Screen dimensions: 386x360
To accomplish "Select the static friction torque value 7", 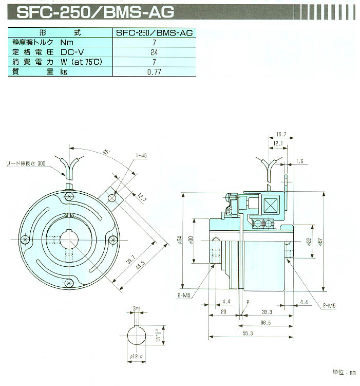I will tap(154, 43).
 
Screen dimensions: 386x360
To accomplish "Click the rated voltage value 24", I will tap(154, 52).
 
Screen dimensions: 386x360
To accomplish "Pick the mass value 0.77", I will tap(154, 72).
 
